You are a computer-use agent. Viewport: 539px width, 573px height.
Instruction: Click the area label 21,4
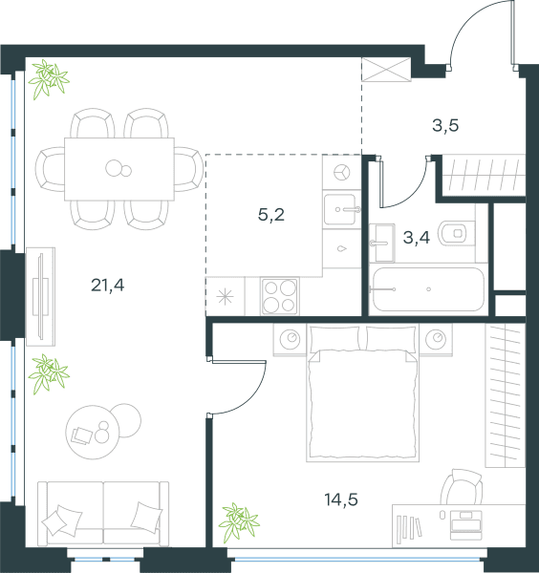click(x=107, y=285)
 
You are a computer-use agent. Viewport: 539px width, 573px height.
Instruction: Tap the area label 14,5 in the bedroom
click(x=341, y=499)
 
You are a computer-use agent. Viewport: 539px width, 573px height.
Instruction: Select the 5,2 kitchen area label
click(x=271, y=215)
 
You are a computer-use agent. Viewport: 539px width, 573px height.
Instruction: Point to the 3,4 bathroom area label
click(x=416, y=238)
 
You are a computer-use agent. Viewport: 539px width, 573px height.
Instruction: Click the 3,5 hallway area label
click(x=445, y=125)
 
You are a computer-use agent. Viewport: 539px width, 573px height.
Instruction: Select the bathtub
click(x=428, y=289)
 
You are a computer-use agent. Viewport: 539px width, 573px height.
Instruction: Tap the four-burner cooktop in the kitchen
click(x=280, y=296)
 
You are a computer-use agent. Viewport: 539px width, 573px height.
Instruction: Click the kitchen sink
click(x=339, y=209)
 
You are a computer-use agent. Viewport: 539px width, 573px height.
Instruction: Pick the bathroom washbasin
click(x=381, y=243)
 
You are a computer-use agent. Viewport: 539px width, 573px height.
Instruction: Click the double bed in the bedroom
click(x=362, y=393)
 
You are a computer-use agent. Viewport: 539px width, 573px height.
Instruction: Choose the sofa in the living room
click(x=103, y=514)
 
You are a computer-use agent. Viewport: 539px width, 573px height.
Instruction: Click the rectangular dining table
click(x=119, y=169)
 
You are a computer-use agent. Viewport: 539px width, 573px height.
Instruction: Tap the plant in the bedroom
click(x=239, y=521)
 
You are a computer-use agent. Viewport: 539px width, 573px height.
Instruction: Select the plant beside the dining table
click(x=49, y=79)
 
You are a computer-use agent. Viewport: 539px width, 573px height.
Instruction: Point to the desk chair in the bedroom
click(x=462, y=487)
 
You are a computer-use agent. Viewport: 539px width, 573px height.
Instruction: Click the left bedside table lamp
click(x=291, y=339)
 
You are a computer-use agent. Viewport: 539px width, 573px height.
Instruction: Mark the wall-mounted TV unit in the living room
click(x=40, y=296)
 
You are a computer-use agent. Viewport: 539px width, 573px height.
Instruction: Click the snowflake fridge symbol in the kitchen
click(x=225, y=296)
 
